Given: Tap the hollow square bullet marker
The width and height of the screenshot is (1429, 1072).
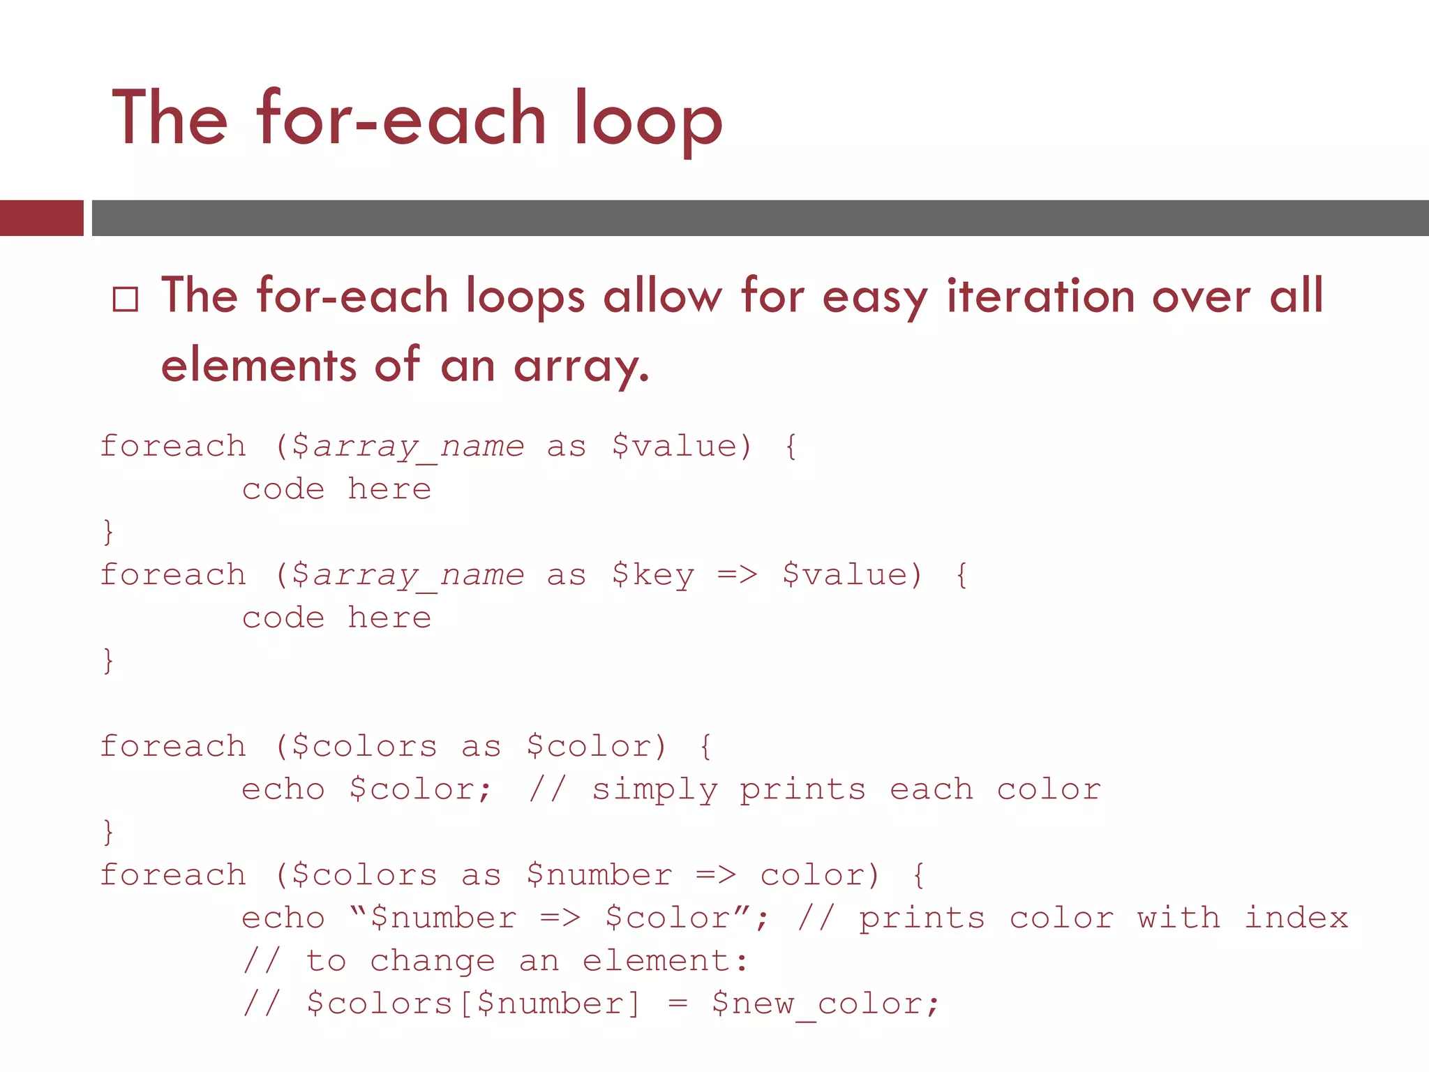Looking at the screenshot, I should [126, 299].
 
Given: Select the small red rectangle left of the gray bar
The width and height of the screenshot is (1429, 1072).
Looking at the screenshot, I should [41, 218].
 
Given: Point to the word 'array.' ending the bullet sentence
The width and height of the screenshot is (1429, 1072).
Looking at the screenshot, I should [581, 366].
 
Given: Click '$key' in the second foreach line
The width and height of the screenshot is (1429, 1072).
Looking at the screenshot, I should [653, 576].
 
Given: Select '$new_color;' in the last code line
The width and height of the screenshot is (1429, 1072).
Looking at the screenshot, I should [825, 1004].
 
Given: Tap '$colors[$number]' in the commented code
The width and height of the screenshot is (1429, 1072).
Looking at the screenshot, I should [473, 1004].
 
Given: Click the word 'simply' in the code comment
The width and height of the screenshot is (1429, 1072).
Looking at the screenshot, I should [654, 790].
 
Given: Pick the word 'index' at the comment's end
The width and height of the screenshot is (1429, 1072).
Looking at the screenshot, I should [1296, 918].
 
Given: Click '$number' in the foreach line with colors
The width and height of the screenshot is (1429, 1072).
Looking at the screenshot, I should [599, 875].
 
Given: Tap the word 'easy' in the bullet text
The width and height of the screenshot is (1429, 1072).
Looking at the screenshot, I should [875, 297].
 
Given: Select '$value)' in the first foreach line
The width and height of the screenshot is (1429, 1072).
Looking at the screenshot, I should [682, 447].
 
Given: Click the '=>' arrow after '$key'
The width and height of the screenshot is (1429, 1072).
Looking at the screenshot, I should [738, 575].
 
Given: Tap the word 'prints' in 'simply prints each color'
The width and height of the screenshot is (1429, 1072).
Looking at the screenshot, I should [802, 790].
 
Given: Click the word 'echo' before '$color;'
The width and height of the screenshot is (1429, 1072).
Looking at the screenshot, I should [283, 790].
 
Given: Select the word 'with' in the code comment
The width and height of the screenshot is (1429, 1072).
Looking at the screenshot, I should [1179, 918].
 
